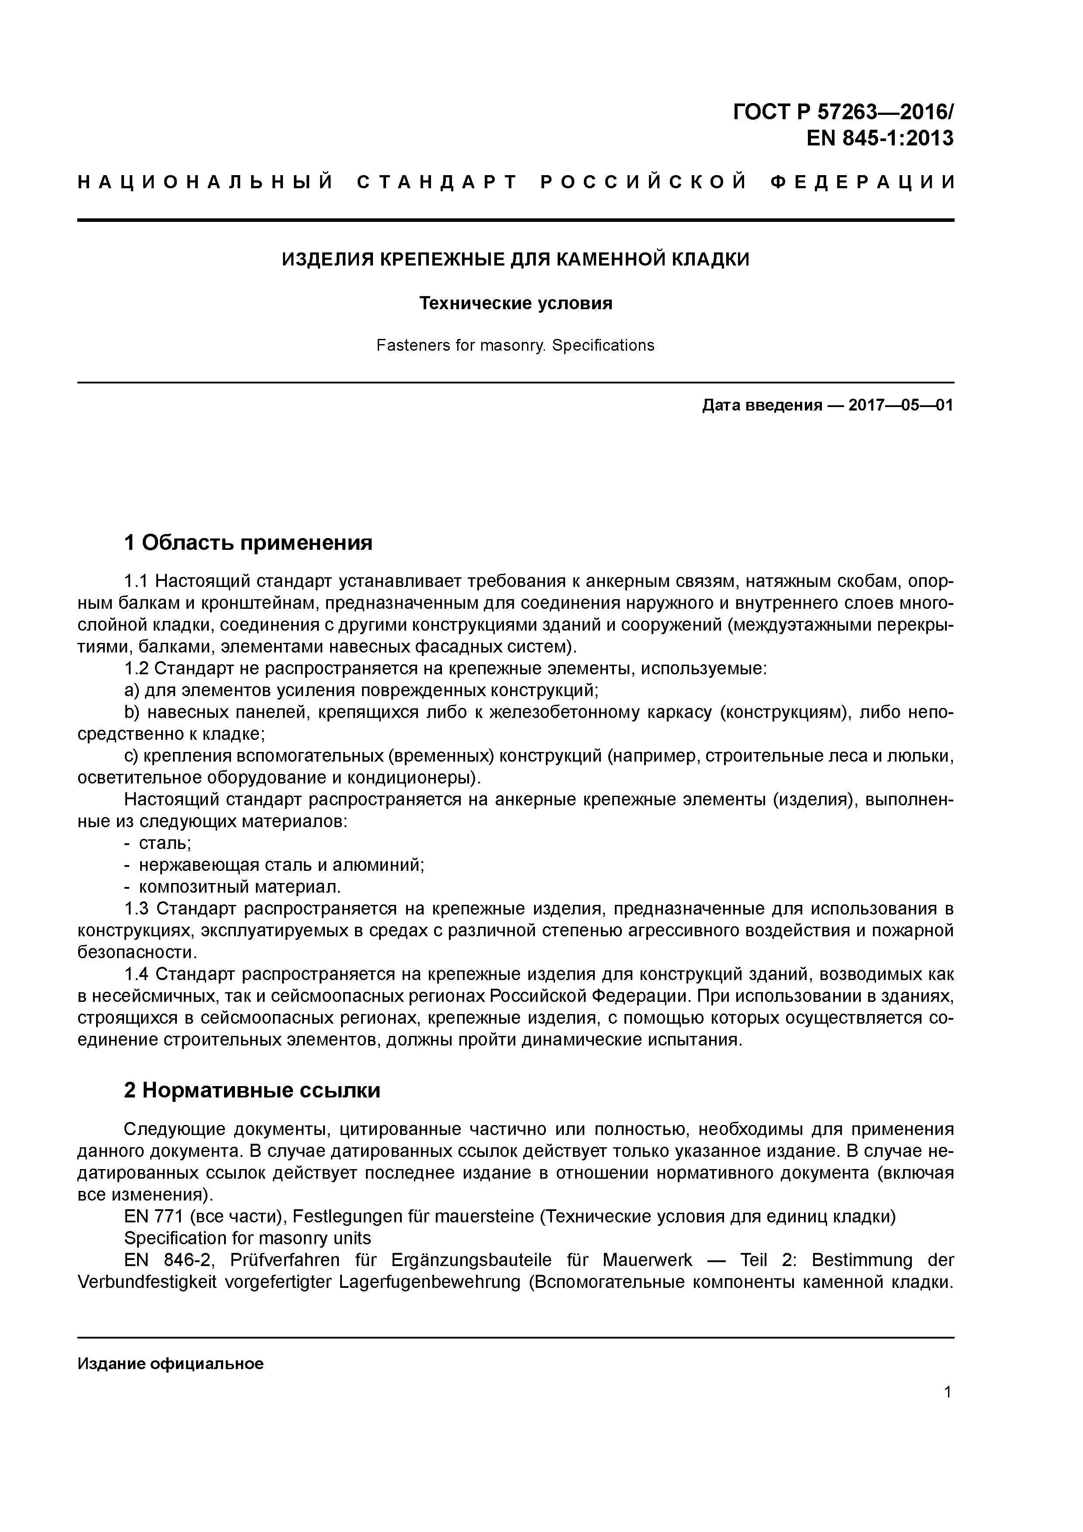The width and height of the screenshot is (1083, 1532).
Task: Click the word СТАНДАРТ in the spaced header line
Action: coord(437,182)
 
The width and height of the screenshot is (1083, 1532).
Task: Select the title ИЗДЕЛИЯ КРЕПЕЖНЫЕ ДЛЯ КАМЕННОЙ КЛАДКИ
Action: coord(515,259)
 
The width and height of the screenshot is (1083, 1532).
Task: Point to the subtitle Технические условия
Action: coord(515,304)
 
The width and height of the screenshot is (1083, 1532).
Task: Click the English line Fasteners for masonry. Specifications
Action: coord(515,345)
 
